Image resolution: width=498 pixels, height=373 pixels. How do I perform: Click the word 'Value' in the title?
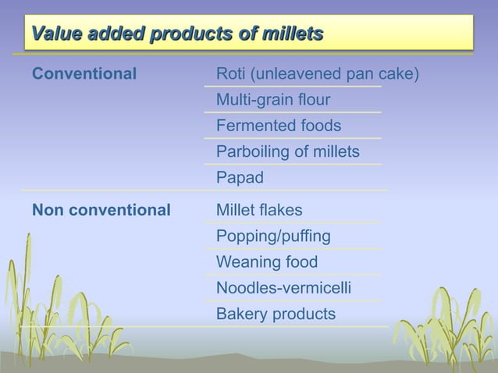[56, 34]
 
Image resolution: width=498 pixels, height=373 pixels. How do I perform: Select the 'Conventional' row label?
[84, 75]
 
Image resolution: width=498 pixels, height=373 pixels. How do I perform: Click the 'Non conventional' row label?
[101, 210]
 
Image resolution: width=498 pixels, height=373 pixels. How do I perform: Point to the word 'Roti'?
[231, 75]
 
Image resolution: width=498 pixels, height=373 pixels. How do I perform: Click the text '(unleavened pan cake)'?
[335, 75]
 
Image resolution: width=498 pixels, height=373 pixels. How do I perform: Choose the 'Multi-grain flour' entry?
[272, 101]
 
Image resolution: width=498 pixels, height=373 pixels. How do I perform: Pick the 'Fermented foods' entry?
[278, 126]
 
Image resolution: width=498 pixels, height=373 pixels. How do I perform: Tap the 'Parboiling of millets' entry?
[287, 151]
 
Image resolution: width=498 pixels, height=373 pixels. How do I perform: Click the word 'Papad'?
[240, 178]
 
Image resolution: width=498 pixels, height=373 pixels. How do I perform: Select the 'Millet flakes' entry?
[258, 210]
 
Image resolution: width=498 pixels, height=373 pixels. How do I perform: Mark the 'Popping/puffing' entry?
[272, 236]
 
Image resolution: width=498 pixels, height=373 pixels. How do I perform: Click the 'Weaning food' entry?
[266, 262]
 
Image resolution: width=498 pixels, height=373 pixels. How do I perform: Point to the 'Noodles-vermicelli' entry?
[283, 289]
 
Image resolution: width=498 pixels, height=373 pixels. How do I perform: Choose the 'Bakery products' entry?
[276, 314]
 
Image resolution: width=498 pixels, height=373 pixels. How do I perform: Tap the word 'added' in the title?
[117, 34]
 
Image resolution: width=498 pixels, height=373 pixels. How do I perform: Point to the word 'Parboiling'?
[252, 151]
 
